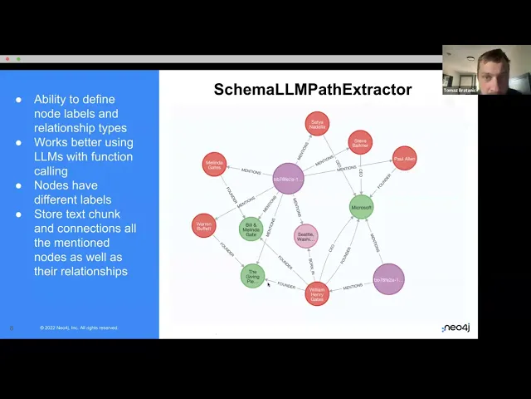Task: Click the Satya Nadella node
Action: [x=317, y=124]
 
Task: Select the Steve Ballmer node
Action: [x=360, y=141]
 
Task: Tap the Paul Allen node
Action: [x=404, y=158]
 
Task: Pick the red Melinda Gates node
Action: [x=214, y=164]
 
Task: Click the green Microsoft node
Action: [x=361, y=207]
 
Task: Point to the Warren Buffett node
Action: [x=203, y=225]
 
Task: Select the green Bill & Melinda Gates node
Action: [x=251, y=229]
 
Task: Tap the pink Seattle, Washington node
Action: [x=306, y=236]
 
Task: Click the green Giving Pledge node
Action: [x=253, y=275]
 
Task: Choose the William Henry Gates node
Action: [x=317, y=293]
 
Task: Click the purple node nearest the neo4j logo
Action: [x=388, y=280]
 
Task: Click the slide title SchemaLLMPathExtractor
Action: [x=313, y=90]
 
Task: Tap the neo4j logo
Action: [x=455, y=328]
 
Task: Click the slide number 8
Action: [x=12, y=328]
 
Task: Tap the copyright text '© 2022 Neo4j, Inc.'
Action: [x=66, y=328]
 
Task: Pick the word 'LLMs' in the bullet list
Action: [x=48, y=156]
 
